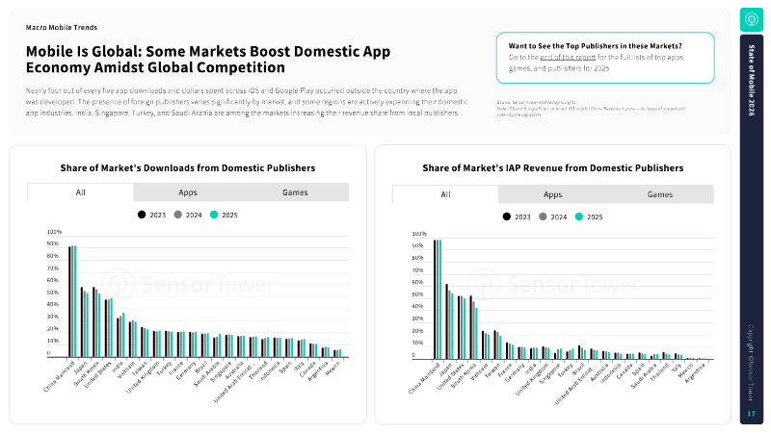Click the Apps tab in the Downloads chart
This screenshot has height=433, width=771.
188,192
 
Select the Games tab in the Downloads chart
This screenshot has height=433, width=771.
295,192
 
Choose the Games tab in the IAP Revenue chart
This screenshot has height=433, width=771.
660,194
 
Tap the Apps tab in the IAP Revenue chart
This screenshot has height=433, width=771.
552,194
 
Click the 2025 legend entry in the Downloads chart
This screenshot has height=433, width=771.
224,215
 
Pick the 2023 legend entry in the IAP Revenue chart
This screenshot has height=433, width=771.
518,217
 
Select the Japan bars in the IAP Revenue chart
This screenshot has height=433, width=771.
449,322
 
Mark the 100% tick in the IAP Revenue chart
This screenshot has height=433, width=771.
419,234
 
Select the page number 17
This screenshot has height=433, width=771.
751,414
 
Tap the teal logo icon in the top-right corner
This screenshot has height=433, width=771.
751,18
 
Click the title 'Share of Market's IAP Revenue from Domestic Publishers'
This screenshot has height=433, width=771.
552,167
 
